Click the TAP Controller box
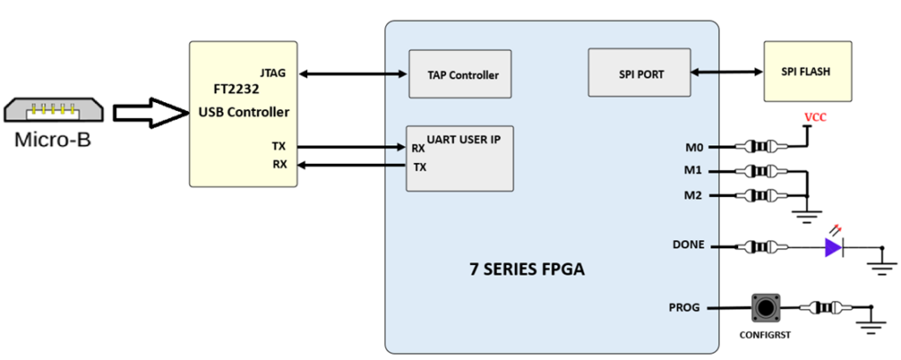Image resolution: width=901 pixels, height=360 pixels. tap(461, 75)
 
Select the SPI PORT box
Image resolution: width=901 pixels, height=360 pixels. tap(639, 74)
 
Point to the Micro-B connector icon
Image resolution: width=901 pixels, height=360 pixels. tap(54, 112)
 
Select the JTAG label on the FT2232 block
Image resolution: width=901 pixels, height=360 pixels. tap(274, 73)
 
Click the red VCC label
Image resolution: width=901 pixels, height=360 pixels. tap(814, 118)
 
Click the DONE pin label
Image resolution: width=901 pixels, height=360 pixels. tap(688, 245)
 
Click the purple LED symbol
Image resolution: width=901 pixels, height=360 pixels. tap(832, 247)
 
